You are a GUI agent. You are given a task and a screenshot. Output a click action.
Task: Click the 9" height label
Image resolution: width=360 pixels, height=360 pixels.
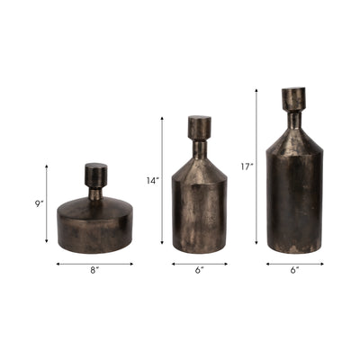38,203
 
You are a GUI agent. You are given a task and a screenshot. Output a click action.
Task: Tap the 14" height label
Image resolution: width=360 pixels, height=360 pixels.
152,181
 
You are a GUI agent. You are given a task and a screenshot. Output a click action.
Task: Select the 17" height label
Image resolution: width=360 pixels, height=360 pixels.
247,166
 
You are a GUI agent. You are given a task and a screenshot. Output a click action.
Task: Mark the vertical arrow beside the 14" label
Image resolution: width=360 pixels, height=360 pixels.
163,181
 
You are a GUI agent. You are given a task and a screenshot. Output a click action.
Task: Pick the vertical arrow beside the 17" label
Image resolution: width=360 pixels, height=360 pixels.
257,166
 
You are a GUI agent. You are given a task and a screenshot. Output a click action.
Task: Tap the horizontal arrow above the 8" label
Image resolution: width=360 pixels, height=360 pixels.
94,264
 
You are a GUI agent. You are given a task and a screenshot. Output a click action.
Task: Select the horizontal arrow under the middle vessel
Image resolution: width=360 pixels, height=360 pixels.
199,264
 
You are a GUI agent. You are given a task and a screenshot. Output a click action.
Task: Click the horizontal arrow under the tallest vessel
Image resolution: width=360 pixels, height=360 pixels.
294,264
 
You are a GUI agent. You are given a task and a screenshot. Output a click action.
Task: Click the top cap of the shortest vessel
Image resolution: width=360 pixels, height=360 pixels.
95,172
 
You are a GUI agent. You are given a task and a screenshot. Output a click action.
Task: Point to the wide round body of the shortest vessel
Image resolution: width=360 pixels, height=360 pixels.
94,225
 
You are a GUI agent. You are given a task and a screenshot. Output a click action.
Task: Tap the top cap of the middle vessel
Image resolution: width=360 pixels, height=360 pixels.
199,125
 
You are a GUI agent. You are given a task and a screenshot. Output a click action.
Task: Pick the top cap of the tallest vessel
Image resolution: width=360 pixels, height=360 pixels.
293,98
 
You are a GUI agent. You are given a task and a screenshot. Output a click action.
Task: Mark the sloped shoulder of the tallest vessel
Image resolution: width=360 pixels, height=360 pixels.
293,135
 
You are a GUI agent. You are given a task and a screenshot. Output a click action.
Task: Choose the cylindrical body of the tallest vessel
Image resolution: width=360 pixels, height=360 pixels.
293,202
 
